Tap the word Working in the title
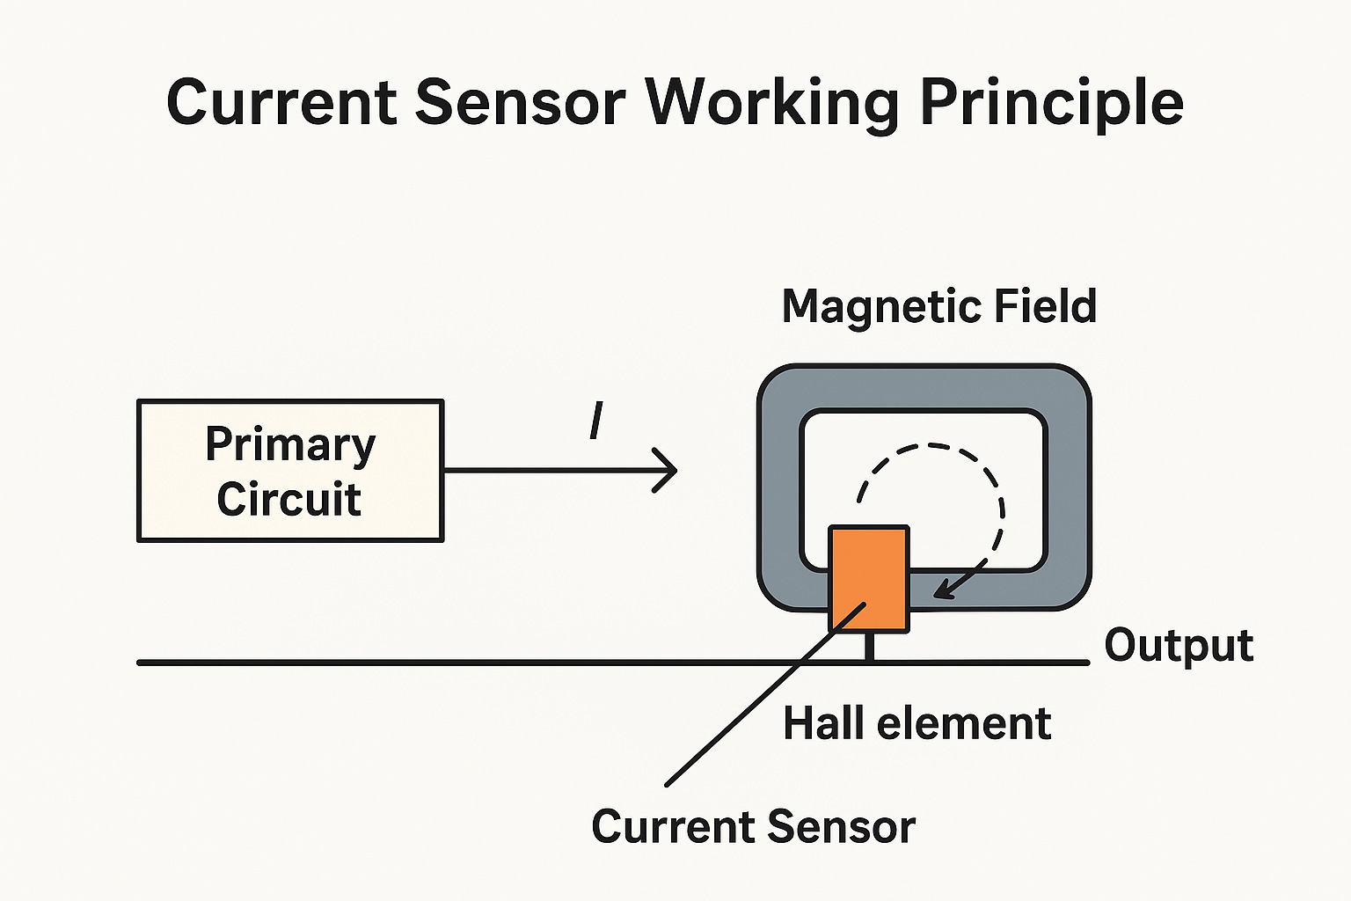[x=771, y=104]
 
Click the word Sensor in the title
[x=520, y=102]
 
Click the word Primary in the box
[x=290, y=445]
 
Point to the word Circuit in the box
[x=289, y=499]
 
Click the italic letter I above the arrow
[x=596, y=421]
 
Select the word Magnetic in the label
[x=880, y=307]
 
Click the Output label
[x=1178, y=646]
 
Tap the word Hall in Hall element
[x=822, y=723]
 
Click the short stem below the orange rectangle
[x=869, y=647]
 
